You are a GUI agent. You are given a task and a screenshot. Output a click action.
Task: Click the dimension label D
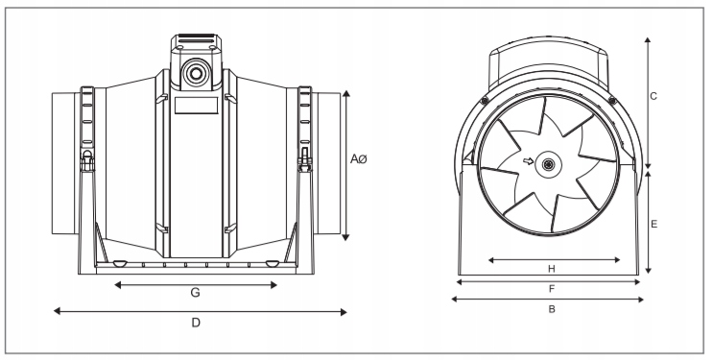pos(196,323)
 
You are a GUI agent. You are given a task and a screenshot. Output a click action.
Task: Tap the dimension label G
pos(195,292)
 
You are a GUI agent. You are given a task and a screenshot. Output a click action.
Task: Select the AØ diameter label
pos(358,159)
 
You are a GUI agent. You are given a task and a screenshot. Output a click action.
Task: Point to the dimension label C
pos(653,96)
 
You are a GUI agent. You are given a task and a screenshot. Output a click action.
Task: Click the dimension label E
pos(653,224)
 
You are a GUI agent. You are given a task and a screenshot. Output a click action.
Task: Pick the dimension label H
pos(551,269)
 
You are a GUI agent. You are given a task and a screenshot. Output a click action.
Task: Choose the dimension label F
pos(552,289)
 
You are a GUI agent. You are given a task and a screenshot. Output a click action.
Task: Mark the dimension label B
pos(552,309)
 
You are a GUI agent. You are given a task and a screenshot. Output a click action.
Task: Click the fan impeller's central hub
pos(549,164)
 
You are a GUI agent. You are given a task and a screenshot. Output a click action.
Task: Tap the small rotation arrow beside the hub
pos(528,161)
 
